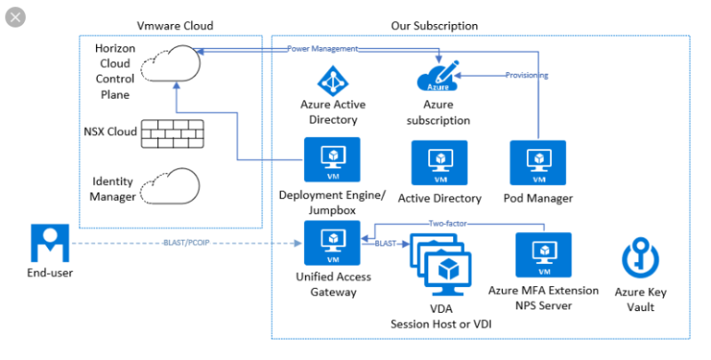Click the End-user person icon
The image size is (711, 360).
50,243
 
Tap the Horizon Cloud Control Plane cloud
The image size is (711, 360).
176,65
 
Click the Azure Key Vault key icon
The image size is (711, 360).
639,261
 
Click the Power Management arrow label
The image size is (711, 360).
323,49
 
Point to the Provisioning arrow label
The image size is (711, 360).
526,76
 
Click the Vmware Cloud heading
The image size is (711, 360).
175,26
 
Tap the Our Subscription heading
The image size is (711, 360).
434,26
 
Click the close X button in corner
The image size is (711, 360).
16,18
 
